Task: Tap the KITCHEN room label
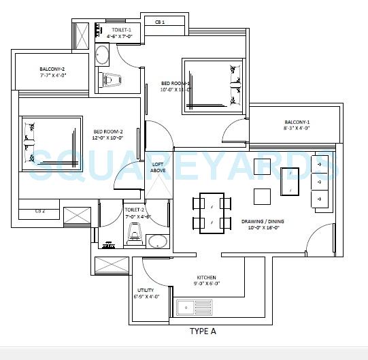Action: (206, 278)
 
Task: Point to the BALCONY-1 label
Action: (297, 122)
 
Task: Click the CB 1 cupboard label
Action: (160, 22)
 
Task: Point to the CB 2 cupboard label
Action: (40, 211)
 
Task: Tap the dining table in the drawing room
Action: (211, 213)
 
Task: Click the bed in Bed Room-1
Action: (213, 83)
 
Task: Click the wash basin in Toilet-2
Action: (158, 240)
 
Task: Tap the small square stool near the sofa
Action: (263, 196)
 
